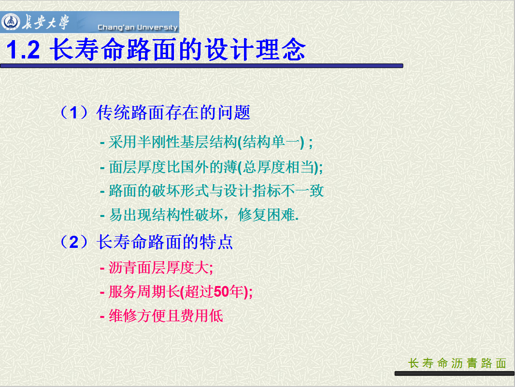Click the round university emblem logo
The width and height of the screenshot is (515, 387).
click(x=11, y=22)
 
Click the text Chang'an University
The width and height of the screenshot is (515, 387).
click(x=137, y=27)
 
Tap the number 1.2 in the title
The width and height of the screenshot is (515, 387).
click(x=23, y=50)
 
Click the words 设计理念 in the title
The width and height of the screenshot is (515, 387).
click(x=255, y=49)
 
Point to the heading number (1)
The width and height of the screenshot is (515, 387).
click(x=74, y=113)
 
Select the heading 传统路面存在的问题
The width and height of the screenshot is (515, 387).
click(x=173, y=113)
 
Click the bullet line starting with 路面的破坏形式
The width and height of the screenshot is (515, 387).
click(x=212, y=191)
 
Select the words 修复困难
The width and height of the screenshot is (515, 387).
click(x=266, y=215)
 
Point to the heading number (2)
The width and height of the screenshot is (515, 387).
click(x=74, y=242)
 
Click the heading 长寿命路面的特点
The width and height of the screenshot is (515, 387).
click(x=165, y=242)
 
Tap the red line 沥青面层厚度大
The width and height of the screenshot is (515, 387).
click(x=157, y=268)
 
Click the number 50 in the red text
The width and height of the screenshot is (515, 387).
click(x=221, y=292)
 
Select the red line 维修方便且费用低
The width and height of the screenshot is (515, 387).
click(x=161, y=315)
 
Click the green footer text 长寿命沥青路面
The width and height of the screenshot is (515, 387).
click(x=457, y=363)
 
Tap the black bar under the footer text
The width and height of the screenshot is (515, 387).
click(x=455, y=373)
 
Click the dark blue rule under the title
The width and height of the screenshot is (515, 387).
click(x=201, y=66)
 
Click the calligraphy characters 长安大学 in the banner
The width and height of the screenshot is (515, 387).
click(x=45, y=22)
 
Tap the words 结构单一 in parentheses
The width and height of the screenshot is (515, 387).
click(x=272, y=142)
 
